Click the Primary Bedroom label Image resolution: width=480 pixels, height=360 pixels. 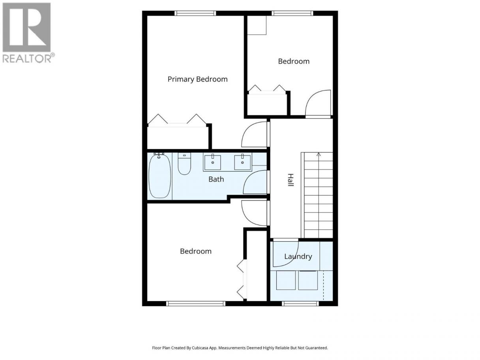(x=197, y=79)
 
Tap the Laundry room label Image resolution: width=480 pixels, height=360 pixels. (x=298, y=257)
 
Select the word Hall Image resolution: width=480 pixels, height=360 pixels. (x=290, y=180)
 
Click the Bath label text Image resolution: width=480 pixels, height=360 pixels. (x=216, y=179)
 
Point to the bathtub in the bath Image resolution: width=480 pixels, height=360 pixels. (x=159, y=176)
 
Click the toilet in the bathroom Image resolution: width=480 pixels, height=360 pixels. (x=184, y=163)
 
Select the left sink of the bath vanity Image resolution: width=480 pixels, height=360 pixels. (x=212, y=162)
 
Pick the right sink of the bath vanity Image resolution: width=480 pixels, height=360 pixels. (x=242, y=162)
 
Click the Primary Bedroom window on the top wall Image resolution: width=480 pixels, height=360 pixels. (x=195, y=13)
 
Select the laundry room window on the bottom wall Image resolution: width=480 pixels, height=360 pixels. (x=300, y=304)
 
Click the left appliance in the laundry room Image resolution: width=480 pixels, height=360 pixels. (x=286, y=280)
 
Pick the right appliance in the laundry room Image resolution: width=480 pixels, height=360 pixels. (x=308, y=280)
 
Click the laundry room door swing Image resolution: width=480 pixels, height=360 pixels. (x=293, y=260)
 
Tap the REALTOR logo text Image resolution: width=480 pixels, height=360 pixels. (x=27, y=59)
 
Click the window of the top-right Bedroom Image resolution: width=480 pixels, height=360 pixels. (x=292, y=13)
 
